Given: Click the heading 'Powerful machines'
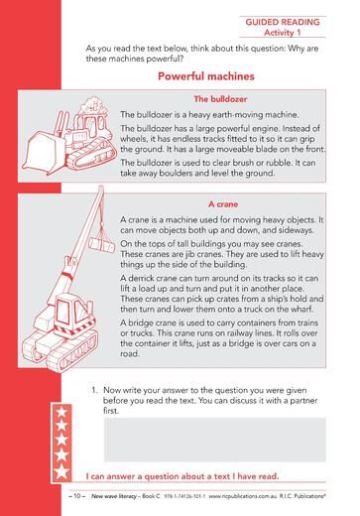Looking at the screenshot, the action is [206, 76].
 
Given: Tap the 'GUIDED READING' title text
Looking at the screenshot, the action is [283, 22].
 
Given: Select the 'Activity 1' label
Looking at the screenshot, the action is [283, 33].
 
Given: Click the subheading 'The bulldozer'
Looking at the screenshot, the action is [220, 99].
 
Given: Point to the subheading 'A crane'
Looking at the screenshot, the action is [223, 204].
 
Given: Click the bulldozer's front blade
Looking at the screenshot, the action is [43, 153].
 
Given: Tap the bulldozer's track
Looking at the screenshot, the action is [92, 155].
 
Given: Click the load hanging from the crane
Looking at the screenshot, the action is [101, 244].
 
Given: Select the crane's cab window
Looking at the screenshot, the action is [62, 311].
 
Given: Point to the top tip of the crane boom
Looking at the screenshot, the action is [101, 188].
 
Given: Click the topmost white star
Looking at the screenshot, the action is [61, 412].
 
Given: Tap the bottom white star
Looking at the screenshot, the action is [61, 471].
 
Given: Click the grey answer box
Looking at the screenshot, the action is [215, 440].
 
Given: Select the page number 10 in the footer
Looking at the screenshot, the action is [76, 496].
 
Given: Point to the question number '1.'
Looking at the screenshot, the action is [95, 390].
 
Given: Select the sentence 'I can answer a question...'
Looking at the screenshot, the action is [182, 476].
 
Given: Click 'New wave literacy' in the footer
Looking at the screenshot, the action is [114, 496].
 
